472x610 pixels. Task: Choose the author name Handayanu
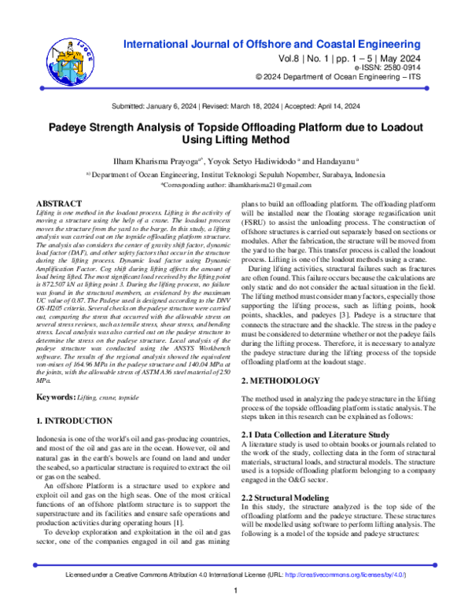pos(321,164)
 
